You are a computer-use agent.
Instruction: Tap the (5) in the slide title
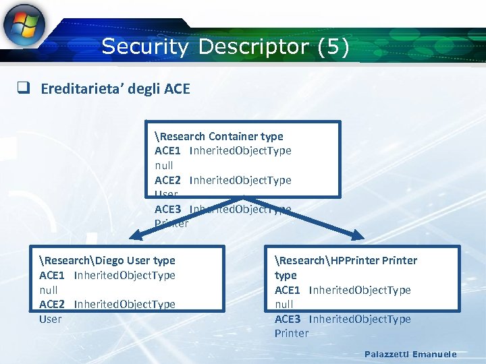click(x=333, y=47)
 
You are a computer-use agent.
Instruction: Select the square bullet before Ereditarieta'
click(x=23, y=88)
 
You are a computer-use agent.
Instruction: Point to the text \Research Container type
click(x=219, y=136)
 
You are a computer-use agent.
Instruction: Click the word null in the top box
click(x=163, y=165)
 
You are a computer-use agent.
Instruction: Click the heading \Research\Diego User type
click(x=107, y=260)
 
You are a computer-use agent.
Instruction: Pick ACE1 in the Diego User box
click(x=51, y=275)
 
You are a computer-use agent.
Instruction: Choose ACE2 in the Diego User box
click(x=51, y=304)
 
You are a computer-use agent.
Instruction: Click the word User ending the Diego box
click(x=50, y=319)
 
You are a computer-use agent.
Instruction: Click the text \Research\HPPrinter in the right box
click(x=327, y=260)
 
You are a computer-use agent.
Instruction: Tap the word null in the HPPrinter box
click(x=283, y=304)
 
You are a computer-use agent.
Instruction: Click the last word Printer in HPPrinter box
click(x=291, y=333)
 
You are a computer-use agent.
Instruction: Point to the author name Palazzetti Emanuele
click(x=410, y=354)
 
